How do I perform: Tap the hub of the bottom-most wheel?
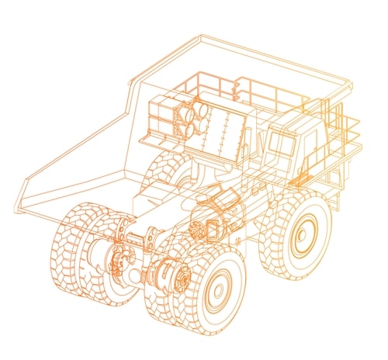coord(218,290)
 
